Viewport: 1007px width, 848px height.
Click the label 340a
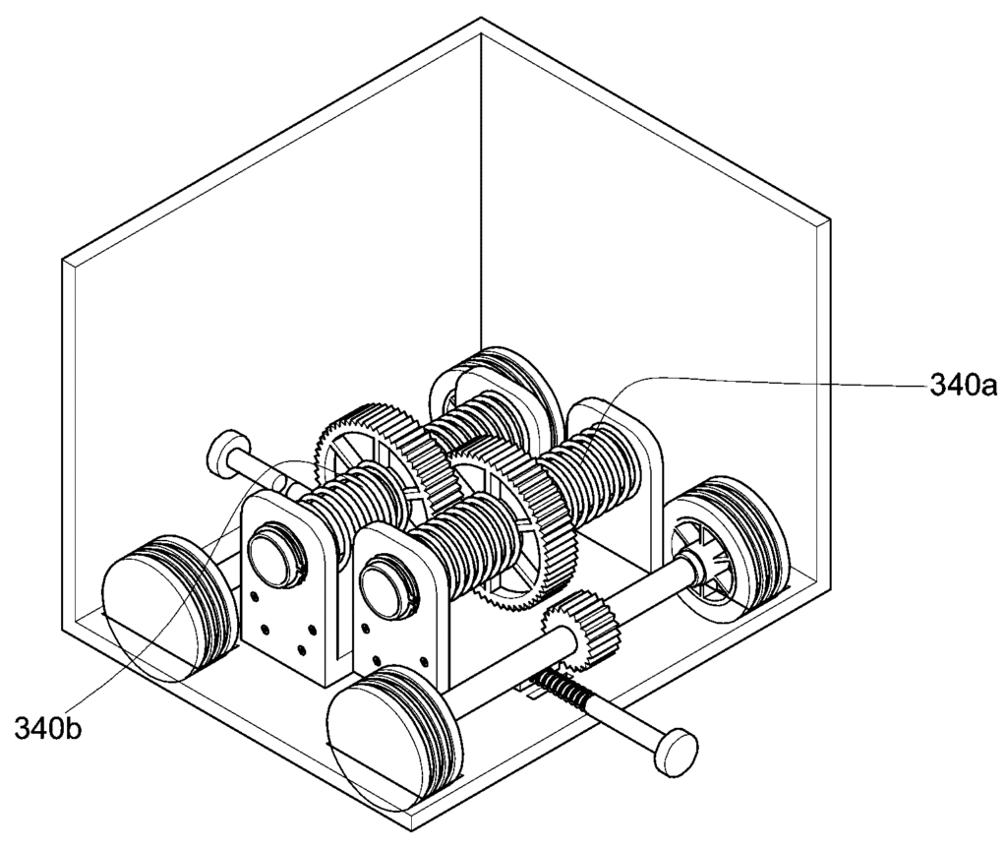[963, 386]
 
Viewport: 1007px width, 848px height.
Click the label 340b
[48, 729]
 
